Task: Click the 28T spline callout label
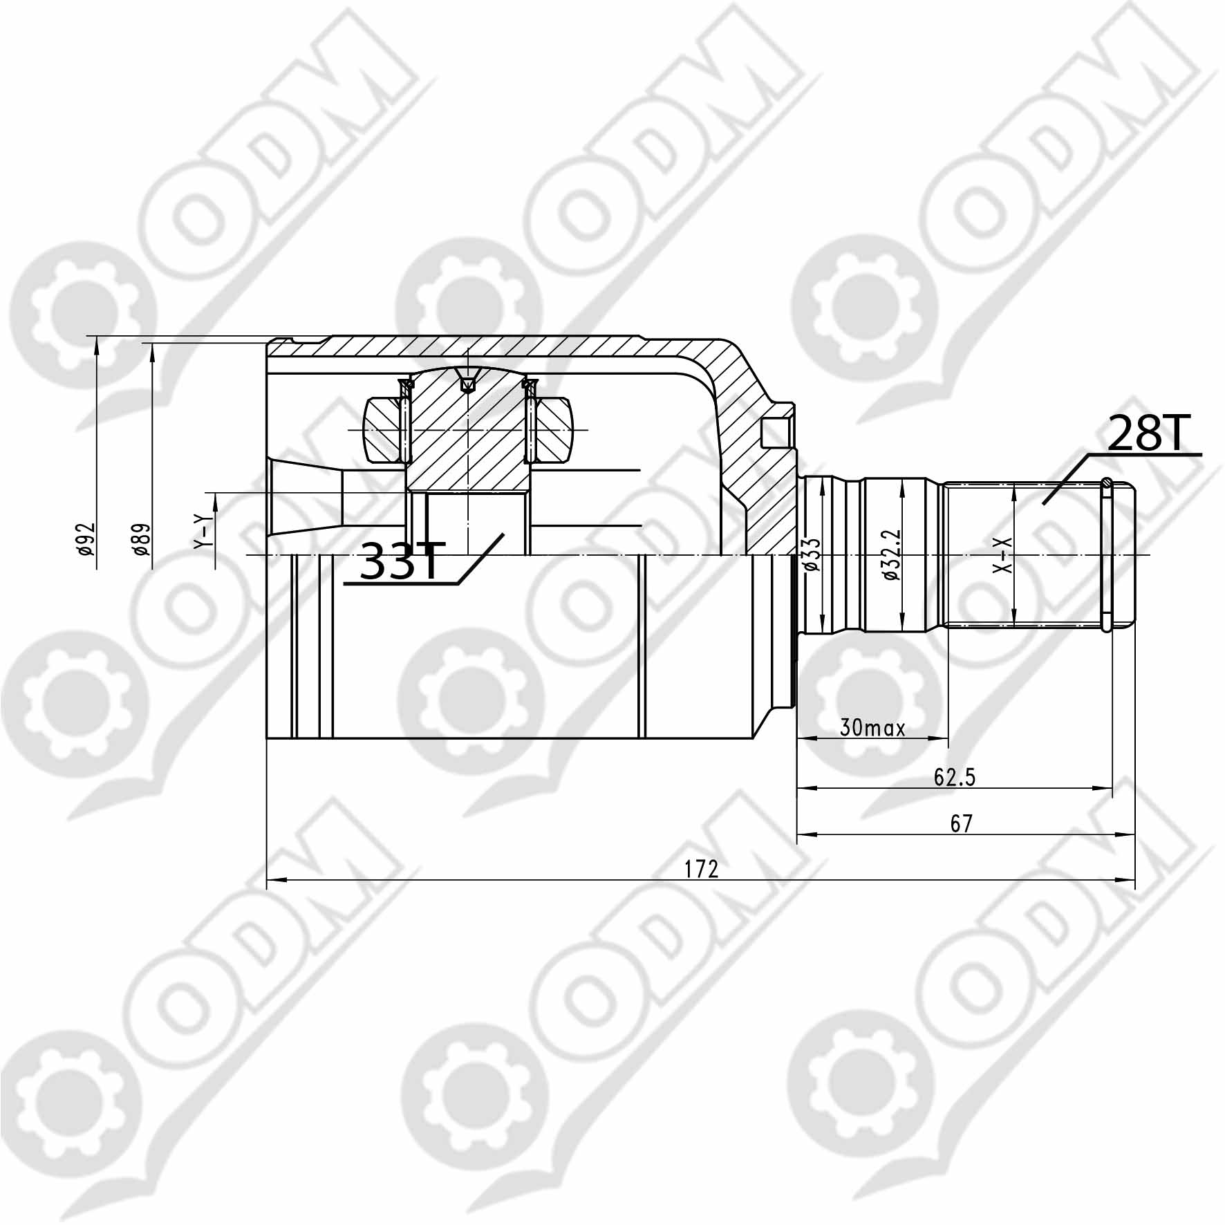1146,433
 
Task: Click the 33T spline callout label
400,561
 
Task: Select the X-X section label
1002,554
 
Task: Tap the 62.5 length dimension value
954,778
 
